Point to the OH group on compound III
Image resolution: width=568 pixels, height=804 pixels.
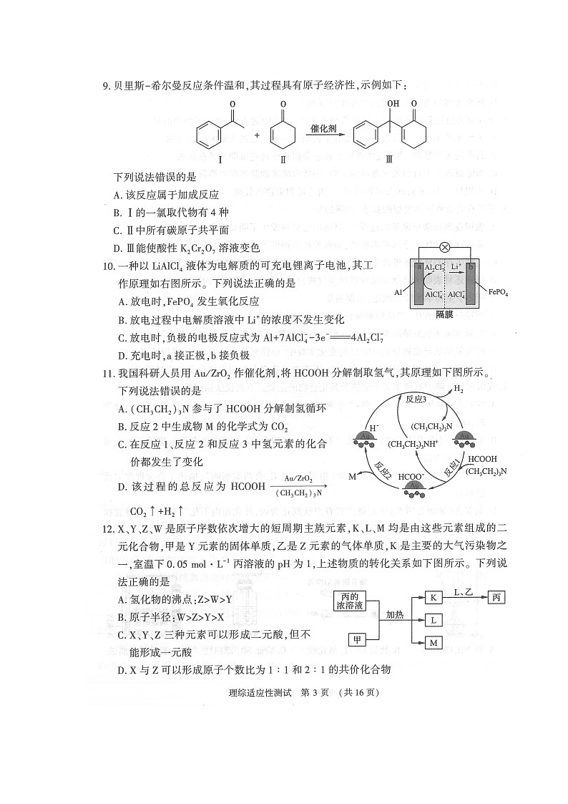[393, 105]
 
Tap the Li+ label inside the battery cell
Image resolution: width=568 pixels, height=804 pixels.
[454, 266]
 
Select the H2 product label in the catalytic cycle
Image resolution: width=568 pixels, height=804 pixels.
[459, 389]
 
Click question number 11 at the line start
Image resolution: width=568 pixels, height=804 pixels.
[109, 373]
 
